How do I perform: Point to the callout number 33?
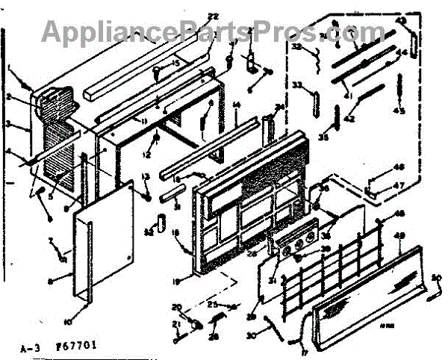coord(296,87)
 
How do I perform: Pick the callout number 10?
coord(67,322)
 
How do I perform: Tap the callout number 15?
coord(176,64)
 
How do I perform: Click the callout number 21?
coord(176,323)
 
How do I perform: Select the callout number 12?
coord(147,155)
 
